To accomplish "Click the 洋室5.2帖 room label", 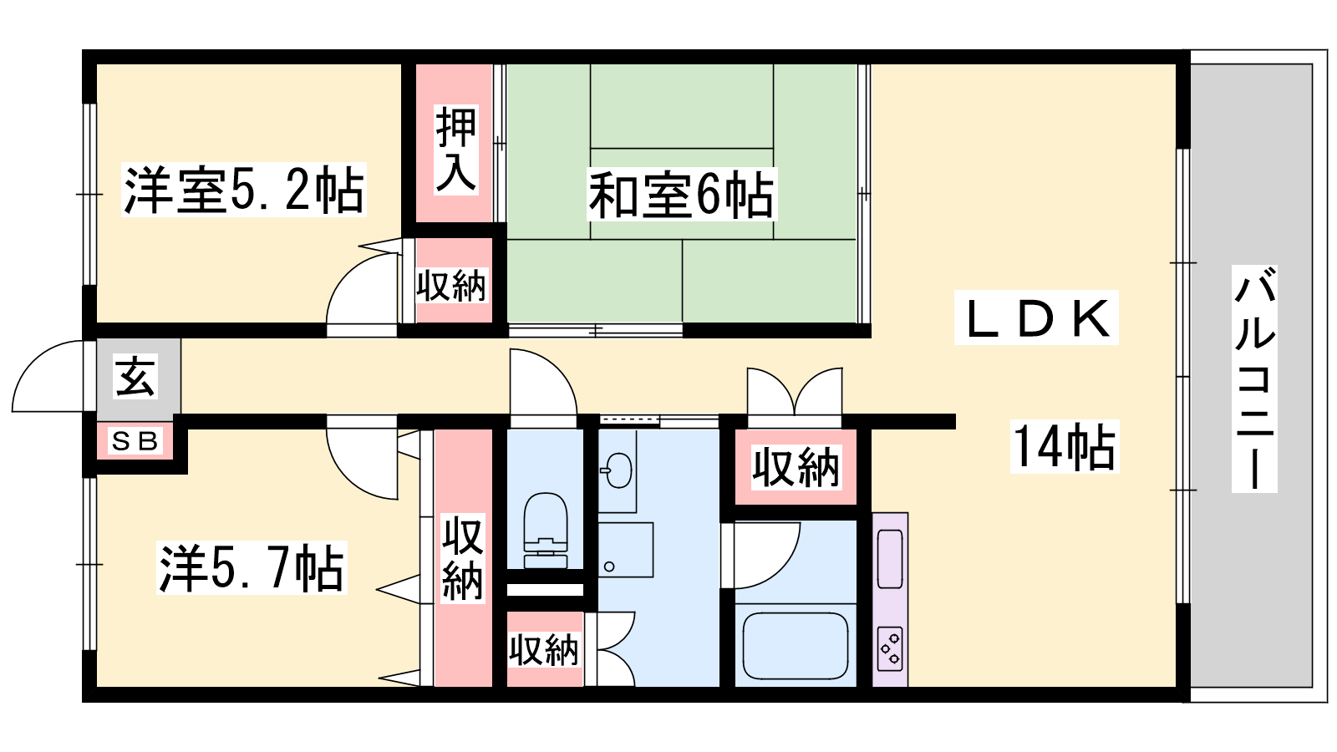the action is coord(243,191).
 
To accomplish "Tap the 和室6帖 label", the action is coord(681,195).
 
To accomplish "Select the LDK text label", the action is coord(1036,318).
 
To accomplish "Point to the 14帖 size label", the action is coord(1065,447).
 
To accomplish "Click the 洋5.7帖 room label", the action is coord(252,567).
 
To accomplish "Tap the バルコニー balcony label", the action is coord(1254,379).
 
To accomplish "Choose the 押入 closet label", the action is coord(455,150).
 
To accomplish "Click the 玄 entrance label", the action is coord(135,377).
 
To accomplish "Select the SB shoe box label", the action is coord(135,442).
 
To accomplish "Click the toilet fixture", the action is coord(545,531).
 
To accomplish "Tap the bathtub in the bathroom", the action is coord(796,646).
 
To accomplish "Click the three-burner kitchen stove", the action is coord(890,648).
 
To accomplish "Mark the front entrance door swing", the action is coord(48,376).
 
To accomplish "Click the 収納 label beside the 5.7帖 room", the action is coord(463,559).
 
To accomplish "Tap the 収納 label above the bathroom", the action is coord(796,467).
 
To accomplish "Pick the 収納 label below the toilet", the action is coord(544,650).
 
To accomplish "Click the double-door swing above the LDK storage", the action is coord(795,392).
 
